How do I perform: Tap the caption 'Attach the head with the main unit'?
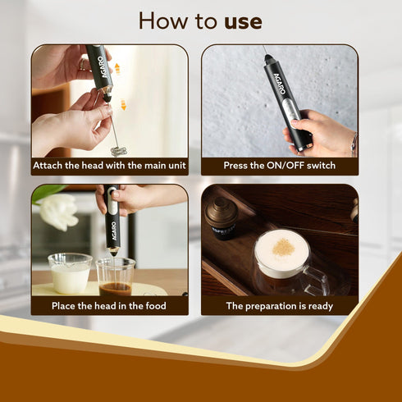pyautogui.click(x=110, y=166)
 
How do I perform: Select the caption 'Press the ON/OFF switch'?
pyautogui.click(x=280, y=166)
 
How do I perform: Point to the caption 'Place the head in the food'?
pyautogui.click(x=110, y=306)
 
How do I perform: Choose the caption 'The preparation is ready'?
pyautogui.click(x=280, y=306)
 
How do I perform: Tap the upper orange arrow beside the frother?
pyautogui.click(x=117, y=68)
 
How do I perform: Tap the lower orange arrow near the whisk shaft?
pyautogui.click(x=123, y=105)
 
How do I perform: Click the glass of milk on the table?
pyautogui.click(x=70, y=273)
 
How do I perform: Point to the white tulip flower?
pyautogui.click(x=58, y=209)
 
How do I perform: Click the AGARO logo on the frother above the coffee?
pyautogui.click(x=112, y=219)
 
